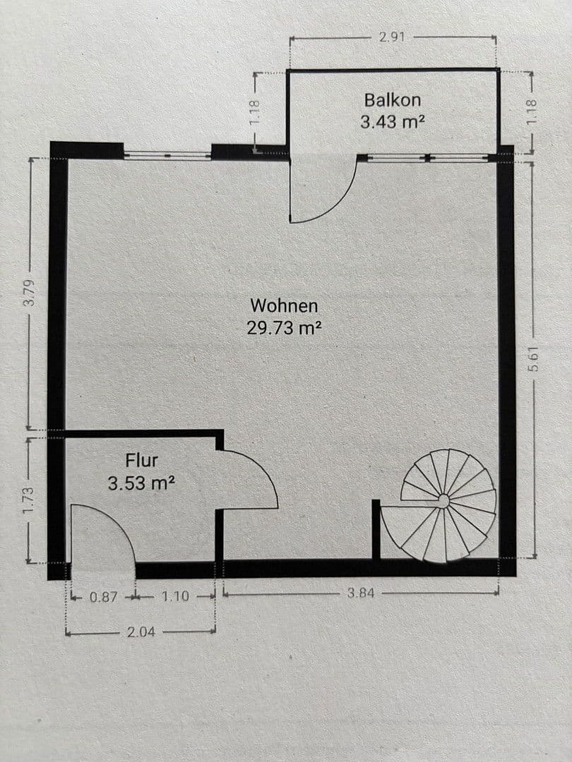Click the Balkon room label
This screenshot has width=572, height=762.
(x=392, y=99)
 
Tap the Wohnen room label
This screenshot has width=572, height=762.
(x=285, y=306)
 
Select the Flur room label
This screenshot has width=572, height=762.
(x=141, y=461)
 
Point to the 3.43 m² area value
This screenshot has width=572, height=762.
(x=393, y=121)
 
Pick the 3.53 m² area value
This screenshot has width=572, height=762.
(x=141, y=484)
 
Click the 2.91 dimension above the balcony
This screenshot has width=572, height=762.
(x=392, y=37)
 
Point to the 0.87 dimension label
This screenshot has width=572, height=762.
(x=104, y=596)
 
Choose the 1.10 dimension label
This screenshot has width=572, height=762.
(x=175, y=596)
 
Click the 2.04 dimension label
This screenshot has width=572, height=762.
(x=141, y=632)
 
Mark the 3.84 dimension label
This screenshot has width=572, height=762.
(x=361, y=593)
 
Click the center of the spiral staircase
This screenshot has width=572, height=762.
(x=443, y=501)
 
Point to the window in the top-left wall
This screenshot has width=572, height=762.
(x=167, y=153)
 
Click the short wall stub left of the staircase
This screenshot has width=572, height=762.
(x=376, y=529)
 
